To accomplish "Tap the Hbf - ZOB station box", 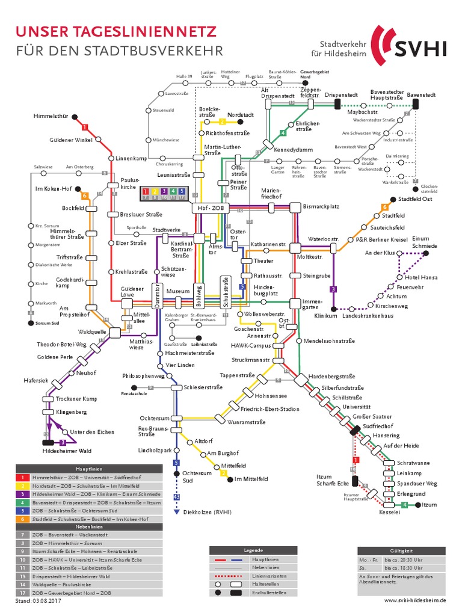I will click(x=207, y=208).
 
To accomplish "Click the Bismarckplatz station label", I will click(x=322, y=206).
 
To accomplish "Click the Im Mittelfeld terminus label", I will click(x=251, y=479).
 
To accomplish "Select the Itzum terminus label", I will click(x=429, y=505).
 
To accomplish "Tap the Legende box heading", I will click(x=253, y=550).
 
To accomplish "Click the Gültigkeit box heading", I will click(x=401, y=550).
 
